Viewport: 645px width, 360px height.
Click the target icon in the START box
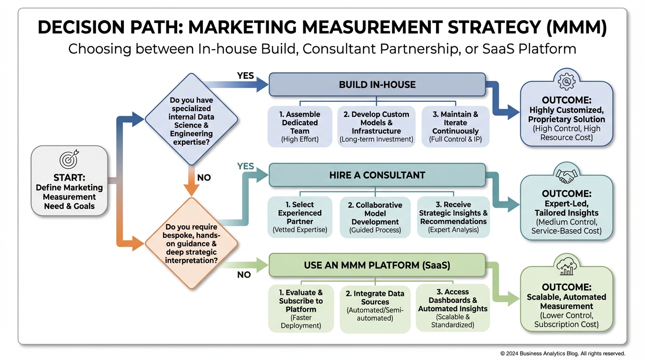pyautogui.click(x=69, y=160)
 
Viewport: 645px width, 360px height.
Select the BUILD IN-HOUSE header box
pyautogui.click(x=377, y=85)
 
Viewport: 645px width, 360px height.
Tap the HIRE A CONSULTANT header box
pyautogui.click(x=377, y=175)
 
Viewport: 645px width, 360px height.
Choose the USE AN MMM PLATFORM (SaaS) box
pyautogui.click(x=377, y=265)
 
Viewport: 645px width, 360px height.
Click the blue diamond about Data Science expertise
pyautogui.click(x=191, y=120)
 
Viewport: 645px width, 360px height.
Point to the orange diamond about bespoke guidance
pyautogui.click(x=191, y=243)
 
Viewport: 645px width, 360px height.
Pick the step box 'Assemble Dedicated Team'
pyautogui.click(x=300, y=127)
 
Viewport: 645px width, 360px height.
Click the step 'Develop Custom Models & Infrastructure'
pyautogui.click(x=376, y=127)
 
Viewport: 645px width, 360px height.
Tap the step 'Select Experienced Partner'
pyautogui.click(x=300, y=217)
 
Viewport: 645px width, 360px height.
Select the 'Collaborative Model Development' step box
pyautogui.click(x=375, y=217)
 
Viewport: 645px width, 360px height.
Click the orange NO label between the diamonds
pyautogui.click(x=204, y=178)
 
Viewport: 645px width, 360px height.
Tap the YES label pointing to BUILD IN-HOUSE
pyautogui.click(x=246, y=75)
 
